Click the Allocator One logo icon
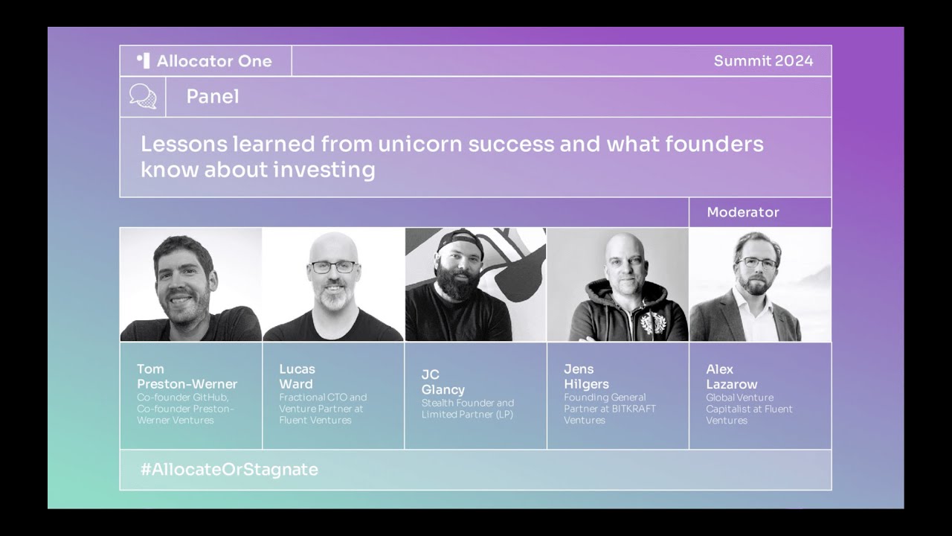tap(144, 61)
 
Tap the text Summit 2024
tap(763, 61)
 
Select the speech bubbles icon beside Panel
tap(143, 97)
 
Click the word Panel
tap(213, 97)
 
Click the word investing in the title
tap(324, 170)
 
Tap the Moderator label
tap(743, 212)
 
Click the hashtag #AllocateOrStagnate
tap(229, 469)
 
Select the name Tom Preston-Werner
tap(187, 377)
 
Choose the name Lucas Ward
tap(297, 377)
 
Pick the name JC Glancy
tap(443, 382)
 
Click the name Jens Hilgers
tap(587, 377)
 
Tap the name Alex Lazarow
tap(731, 377)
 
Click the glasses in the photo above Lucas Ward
tap(334, 267)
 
